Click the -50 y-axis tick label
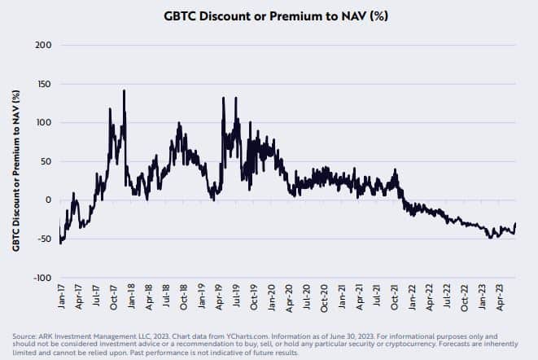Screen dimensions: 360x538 (x=41, y=239)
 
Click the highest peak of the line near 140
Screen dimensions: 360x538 (x=124, y=90)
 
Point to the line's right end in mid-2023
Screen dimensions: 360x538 (x=515, y=224)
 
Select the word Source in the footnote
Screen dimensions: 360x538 (x=24, y=334)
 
